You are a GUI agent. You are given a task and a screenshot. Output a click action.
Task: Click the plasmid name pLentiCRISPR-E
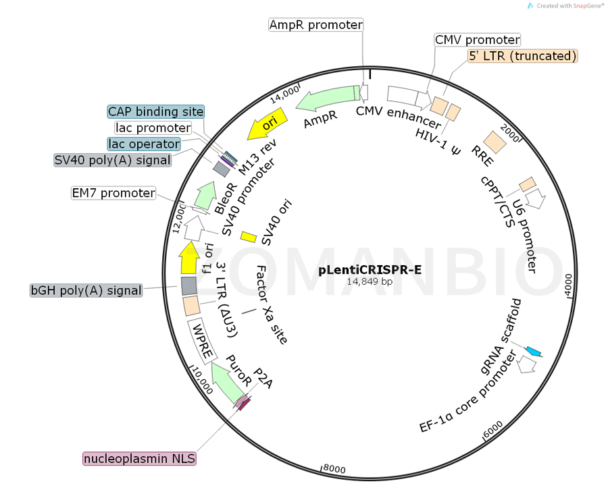pyautogui.click(x=370, y=270)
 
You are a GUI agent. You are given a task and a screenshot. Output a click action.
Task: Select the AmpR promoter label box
pyautogui.click(x=315, y=25)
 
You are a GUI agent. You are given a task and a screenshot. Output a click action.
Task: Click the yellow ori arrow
pyautogui.click(x=267, y=126)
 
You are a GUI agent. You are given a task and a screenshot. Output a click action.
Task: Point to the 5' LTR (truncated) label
pyautogui.click(x=523, y=56)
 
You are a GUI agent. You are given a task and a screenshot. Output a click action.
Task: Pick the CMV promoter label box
pyautogui.click(x=477, y=40)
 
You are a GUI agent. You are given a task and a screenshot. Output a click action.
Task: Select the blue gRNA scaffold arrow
pyautogui.click(x=534, y=351)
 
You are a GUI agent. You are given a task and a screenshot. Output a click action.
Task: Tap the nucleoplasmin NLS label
pyautogui.click(x=139, y=459)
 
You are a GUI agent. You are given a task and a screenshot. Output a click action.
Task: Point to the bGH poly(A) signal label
pyautogui.click(x=86, y=290)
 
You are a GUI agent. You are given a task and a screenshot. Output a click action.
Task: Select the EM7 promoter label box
pyautogui.click(x=113, y=193)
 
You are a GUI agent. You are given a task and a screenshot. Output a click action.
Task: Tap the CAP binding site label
pyautogui.click(x=155, y=111)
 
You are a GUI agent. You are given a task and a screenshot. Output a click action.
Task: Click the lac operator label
pyautogui.click(x=144, y=144)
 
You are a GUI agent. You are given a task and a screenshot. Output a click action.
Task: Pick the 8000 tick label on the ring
pyautogui.click(x=334, y=468)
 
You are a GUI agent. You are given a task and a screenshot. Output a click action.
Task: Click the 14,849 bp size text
pyautogui.click(x=370, y=281)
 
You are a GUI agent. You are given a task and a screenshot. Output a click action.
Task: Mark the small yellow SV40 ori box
pyautogui.click(x=249, y=236)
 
